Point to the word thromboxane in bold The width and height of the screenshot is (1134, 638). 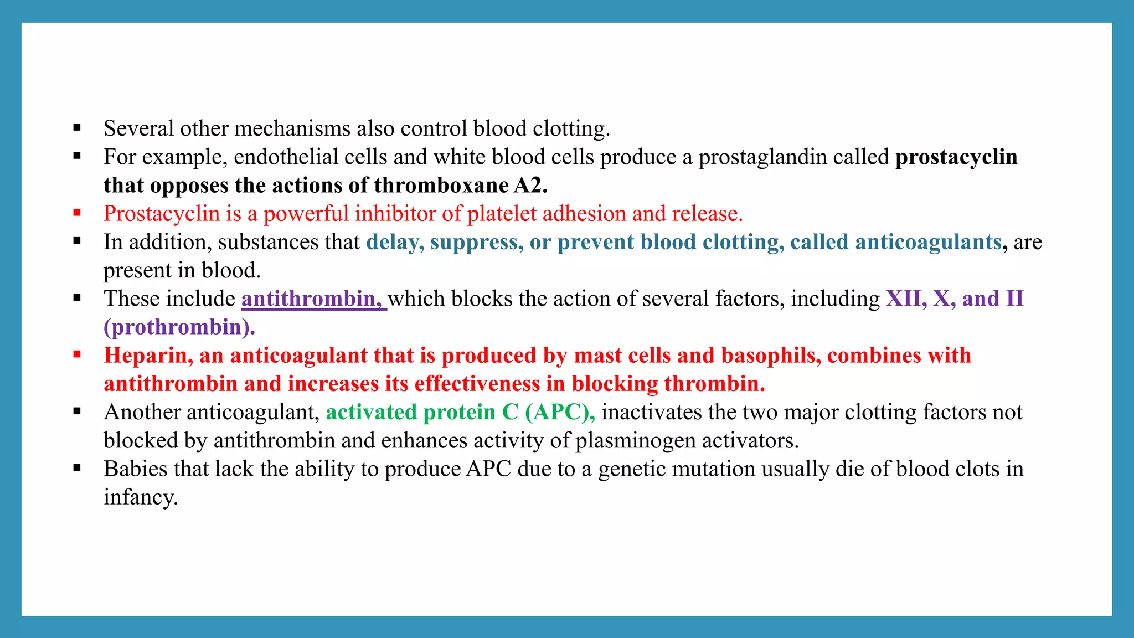click(x=441, y=185)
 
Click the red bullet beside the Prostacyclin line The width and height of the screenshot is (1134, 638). click(x=77, y=213)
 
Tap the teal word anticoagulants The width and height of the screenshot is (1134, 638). click(x=929, y=242)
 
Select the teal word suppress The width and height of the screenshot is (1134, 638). click(x=476, y=242)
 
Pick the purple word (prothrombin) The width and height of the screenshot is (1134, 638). click(x=179, y=327)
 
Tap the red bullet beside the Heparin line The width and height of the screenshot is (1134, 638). click(x=77, y=354)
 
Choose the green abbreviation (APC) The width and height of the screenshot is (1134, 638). click(x=560, y=412)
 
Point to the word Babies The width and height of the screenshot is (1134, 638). click(x=136, y=469)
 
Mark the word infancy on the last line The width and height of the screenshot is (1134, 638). click(x=140, y=497)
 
